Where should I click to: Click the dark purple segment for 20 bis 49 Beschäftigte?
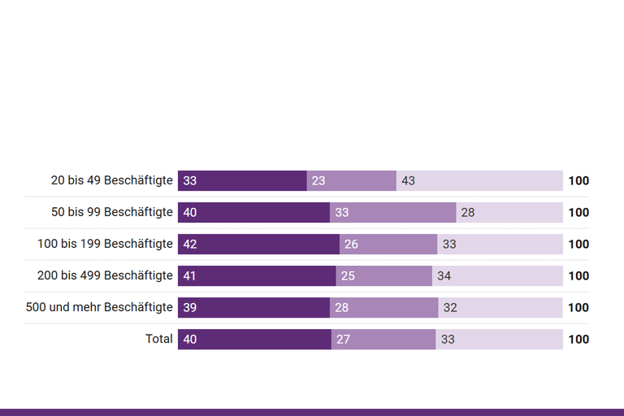pyautogui.click(x=242, y=181)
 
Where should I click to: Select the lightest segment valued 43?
pyautogui.click(x=479, y=181)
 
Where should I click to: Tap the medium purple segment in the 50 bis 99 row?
pyautogui.click(x=392, y=213)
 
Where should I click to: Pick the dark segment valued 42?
pyautogui.click(x=258, y=245)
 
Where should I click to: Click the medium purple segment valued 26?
pyautogui.click(x=388, y=245)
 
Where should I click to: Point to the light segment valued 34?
pyautogui.click(x=497, y=276)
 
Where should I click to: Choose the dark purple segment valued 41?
pyautogui.click(x=257, y=276)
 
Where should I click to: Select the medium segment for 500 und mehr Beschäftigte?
pyautogui.click(x=383, y=308)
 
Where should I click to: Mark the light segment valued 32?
pyautogui.click(x=500, y=308)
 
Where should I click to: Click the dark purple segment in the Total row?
pyautogui.click(x=254, y=340)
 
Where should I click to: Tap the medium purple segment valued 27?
pyautogui.click(x=383, y=340)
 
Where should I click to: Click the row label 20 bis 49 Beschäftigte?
pyautogui.click(x=112, y=180)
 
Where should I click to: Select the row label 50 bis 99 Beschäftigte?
pyautogui.click(x=112, y=212)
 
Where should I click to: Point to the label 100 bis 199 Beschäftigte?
pyautogui.click(x=106, y=244)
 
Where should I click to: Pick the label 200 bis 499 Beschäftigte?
pyautogui.click(x=106, y=275)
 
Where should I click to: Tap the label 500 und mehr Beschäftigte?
pyautogui.click(x=100, y=307)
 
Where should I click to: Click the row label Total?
pyautogui.click(x=159, y=339)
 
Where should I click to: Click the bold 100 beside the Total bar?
pyautogui.click(x=578, y=340)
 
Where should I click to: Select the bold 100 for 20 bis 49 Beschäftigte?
pyautogui.click(x=578, y=181)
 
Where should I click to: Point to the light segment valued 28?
pyautogui.click(x=509, y=213)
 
